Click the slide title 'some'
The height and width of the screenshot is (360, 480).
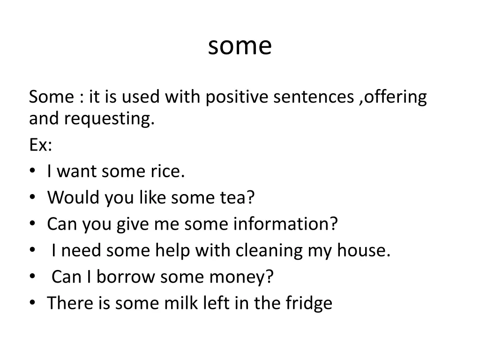point(240,46)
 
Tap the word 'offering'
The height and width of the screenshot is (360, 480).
point(396,98)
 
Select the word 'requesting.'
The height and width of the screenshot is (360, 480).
point(109,120)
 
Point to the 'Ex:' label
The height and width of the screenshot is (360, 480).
point(40,145)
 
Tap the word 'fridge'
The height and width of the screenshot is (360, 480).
point(309,304)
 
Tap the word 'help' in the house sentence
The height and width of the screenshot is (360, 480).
point(172,251)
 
